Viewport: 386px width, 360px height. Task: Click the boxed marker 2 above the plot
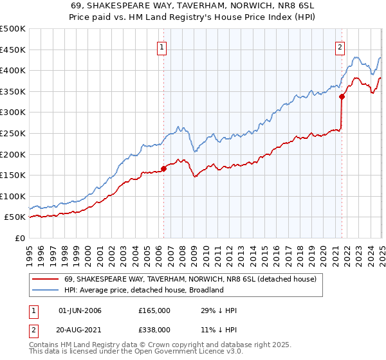point(339,46)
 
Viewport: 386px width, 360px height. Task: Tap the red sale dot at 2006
point(163,169)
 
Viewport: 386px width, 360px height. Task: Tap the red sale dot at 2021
point(342,96)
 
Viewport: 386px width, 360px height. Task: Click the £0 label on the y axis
point(20,238)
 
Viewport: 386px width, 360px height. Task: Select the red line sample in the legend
point(45,280)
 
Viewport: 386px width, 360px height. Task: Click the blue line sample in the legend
point(45,290)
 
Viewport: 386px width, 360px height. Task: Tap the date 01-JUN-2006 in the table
point(80,310)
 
